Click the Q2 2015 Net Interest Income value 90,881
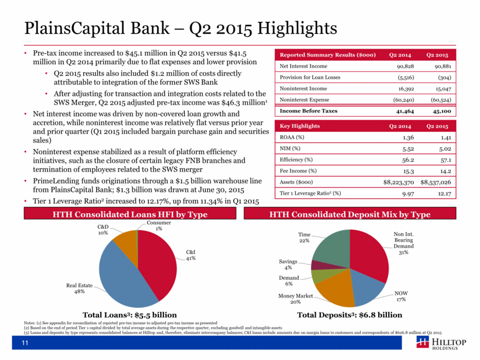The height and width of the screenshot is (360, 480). click(442, 66)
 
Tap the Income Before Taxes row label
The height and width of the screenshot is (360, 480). click(308, 111)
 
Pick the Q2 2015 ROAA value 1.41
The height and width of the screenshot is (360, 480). click(446, 138)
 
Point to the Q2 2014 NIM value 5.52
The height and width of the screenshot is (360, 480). click(408, 149)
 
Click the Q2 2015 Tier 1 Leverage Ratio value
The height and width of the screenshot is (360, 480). click(444, 194)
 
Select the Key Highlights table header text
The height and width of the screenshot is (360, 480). click(295, 126)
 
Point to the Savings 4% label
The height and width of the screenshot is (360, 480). click(288, 265)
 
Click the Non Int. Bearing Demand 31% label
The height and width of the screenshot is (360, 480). click(404, 243)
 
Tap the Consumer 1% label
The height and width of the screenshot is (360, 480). click(158, 226)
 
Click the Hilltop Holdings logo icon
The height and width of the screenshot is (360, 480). click(422, 342)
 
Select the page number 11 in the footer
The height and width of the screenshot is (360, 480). click(25, 343)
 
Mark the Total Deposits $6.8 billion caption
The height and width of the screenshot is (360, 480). click(350, 315)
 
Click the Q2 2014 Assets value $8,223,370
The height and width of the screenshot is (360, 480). click(398, 183)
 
